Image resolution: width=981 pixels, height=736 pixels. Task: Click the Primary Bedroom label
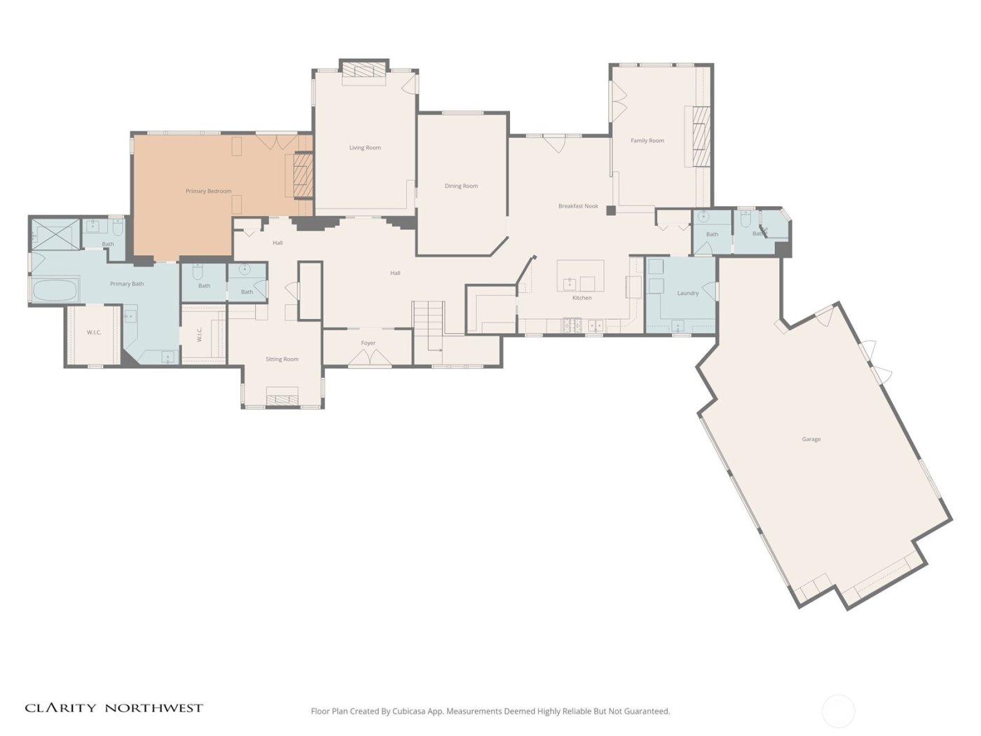point(208,191)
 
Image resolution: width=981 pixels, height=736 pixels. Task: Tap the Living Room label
point(365,148)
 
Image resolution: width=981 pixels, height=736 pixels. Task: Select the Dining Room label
point(461,186)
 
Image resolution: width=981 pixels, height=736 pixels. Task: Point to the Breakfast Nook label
point(578,207)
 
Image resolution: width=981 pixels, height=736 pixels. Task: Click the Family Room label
point(647,141)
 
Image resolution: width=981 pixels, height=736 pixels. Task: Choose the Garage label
point(811,439)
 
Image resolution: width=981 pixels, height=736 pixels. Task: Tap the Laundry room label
point(687,294)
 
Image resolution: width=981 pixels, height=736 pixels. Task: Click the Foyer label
point(368,343)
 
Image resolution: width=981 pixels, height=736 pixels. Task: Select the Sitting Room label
point(282,360)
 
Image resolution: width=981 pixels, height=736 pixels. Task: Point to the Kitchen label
point(582,298)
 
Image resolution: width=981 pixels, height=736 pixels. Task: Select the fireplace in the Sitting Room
point(282,400)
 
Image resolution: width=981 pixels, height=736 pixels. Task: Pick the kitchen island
point(580,275)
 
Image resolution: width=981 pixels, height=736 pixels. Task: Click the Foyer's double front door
point(370,358)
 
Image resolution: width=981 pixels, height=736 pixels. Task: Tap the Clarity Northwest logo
point(114,708)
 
